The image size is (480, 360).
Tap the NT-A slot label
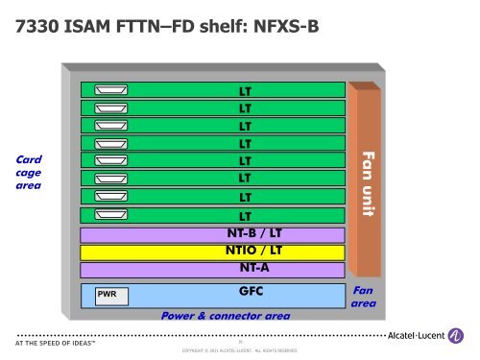253,268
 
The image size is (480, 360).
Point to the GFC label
253,290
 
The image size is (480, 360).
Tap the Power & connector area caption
226,314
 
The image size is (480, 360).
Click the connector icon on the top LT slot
110,90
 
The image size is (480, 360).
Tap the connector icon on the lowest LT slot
110,215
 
